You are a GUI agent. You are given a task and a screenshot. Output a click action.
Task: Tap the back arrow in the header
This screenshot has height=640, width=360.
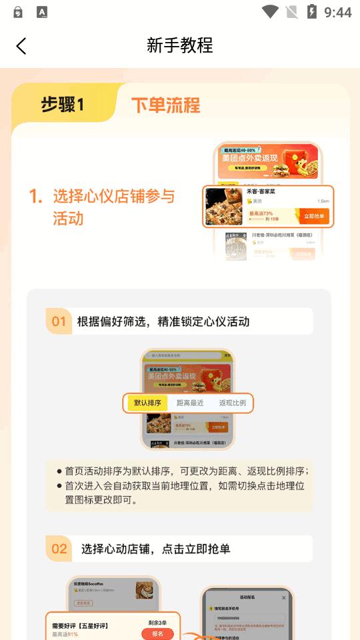21,45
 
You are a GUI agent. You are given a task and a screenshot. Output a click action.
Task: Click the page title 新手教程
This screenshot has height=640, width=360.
180,45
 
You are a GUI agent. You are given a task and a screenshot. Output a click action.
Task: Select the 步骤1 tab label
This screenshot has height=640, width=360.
63,105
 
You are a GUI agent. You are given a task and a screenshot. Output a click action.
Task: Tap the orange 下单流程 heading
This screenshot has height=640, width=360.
165,105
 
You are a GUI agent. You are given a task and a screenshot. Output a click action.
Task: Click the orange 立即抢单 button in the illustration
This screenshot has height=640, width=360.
314,216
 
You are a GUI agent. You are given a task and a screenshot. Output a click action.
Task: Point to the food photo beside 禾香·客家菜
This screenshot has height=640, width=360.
223,207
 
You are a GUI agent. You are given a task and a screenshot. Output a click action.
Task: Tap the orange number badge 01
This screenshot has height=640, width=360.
59,322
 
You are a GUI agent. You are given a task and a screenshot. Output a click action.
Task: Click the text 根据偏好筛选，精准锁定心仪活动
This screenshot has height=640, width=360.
163,322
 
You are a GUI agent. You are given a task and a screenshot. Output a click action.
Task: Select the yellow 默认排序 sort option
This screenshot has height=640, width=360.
147,403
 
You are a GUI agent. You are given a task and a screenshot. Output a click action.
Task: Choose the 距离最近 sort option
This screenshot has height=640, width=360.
190,403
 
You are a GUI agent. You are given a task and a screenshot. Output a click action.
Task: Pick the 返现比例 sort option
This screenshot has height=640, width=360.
232,403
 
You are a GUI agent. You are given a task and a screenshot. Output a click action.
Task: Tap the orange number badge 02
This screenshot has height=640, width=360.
59,549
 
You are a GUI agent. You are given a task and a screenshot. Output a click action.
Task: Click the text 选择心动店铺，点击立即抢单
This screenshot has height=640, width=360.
156,549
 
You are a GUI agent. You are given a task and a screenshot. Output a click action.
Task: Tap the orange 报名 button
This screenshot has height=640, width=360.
157,634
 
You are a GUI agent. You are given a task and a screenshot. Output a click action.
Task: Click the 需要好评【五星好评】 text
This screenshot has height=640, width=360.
80,625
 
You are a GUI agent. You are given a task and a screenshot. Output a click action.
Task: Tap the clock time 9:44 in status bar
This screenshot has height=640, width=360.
337,12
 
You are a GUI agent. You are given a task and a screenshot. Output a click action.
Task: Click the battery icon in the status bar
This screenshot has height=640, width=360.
311,11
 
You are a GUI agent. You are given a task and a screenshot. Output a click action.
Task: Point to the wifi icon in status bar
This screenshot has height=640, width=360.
270,11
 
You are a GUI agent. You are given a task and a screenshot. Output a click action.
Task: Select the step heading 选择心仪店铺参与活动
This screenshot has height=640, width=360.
113,207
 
